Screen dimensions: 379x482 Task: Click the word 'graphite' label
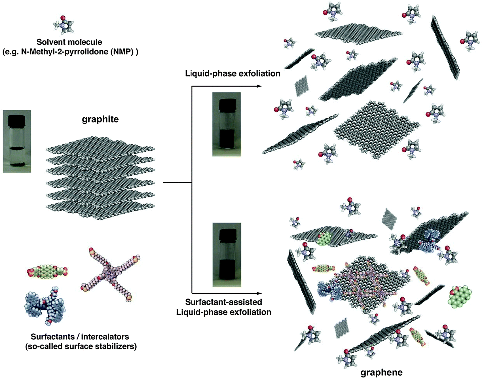(x=100, y=119)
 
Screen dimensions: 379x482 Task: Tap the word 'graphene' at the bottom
(x=381, y=372)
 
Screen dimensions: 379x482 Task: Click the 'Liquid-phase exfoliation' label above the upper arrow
(x=232, y=73)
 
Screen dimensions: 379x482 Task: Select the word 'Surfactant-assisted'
(x=223, y=302)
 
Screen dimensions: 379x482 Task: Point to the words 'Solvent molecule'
(x=69, y=42)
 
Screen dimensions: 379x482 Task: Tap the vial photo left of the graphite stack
(x=17, y=141)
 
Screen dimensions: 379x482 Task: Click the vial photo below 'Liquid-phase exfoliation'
(x=227, y=124)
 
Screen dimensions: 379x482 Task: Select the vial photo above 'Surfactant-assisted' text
(x=227, y=255)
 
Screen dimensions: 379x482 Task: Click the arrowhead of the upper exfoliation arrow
(x=259, y=86)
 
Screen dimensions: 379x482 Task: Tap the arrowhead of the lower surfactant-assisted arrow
(x=259, y=293)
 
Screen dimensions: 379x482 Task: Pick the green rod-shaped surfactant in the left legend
(x=47, y=272)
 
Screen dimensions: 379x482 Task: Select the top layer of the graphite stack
(x=100, y=148)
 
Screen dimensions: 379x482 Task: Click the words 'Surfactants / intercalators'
(x=80, y=337)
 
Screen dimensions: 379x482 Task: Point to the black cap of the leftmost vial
(x=17, y=121)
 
